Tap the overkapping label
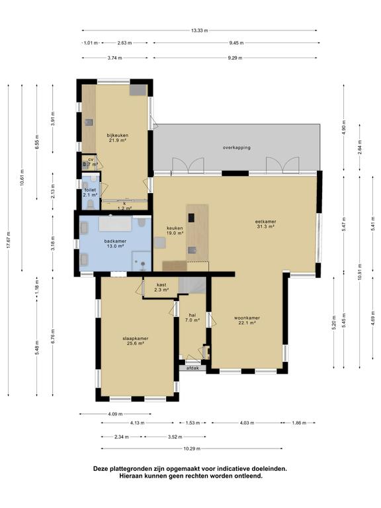click(x=236, y=148)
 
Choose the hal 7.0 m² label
click(x=192, y=317)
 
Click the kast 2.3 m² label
click(x=161, y=287)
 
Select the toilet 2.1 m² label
click(x=90, y=192)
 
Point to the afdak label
click(x=192, y=368)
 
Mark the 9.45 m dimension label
click(x=234, y=42)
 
